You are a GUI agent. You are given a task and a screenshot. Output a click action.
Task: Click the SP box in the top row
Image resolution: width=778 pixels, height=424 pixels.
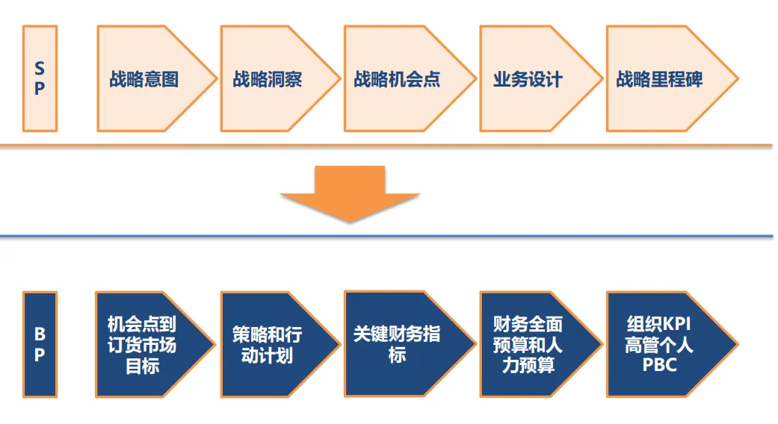point(40,78)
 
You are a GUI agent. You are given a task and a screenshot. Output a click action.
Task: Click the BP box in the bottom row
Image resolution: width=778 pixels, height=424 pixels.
point(40,344)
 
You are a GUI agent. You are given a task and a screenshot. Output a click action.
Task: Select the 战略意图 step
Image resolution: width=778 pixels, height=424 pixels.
point(146,79)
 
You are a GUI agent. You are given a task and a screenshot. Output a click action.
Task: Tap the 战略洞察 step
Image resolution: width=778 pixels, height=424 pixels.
point(269,79)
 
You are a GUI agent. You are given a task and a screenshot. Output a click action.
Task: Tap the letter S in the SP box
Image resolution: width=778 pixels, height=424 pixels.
point(40,69)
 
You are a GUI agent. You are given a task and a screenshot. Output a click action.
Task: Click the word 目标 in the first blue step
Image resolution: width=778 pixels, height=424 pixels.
point(142,366)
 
